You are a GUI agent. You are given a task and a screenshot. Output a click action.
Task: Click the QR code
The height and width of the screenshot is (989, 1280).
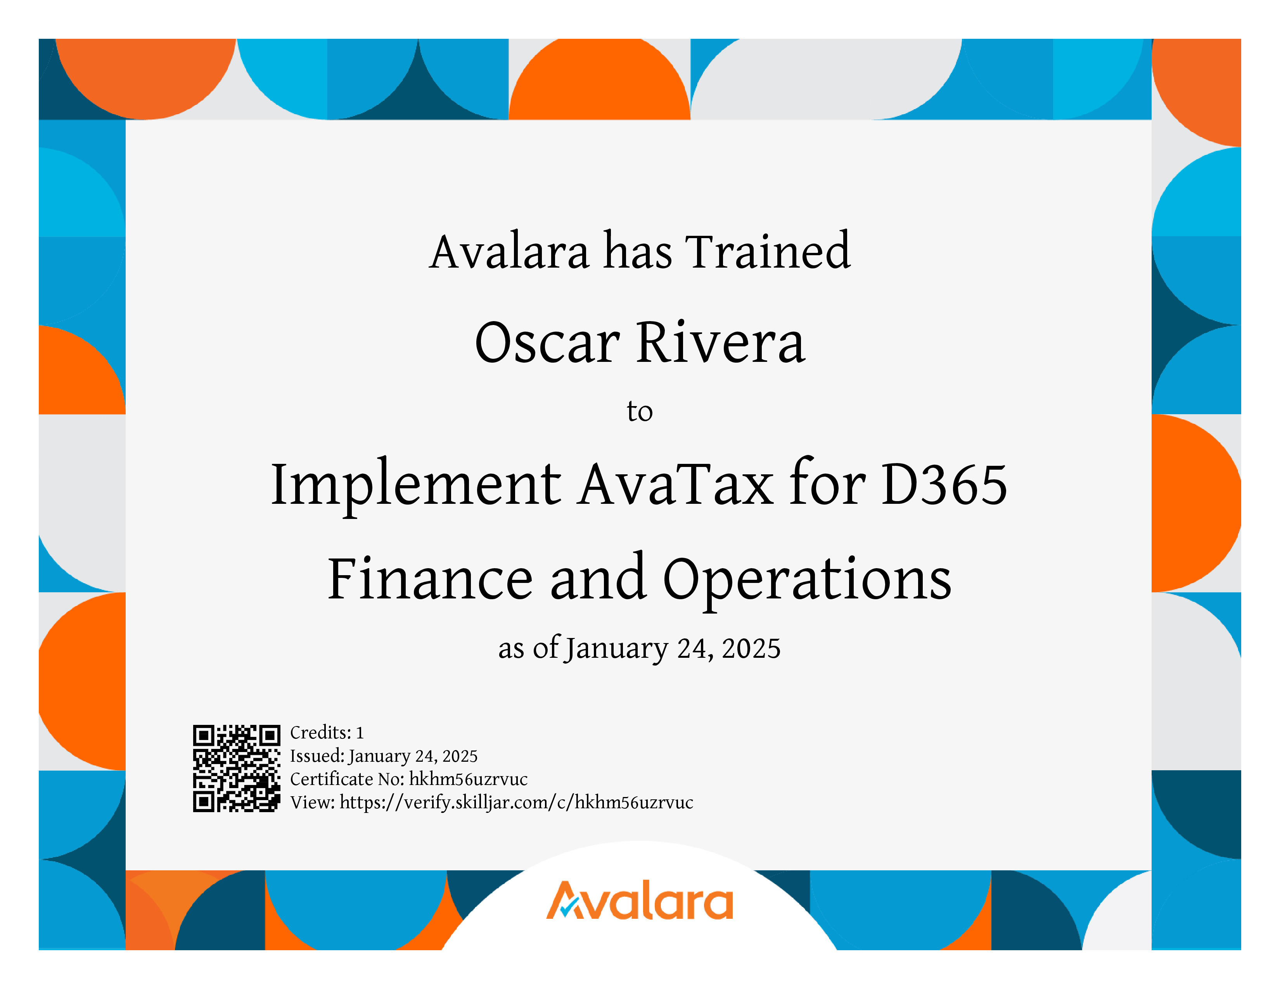point(237,768)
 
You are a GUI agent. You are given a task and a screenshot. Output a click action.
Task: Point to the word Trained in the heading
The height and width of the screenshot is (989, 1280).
point(768,251)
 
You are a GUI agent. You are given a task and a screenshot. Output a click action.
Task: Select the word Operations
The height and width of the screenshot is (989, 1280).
point(807,580)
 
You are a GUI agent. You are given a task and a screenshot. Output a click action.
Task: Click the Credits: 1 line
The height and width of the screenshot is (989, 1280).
point(327,732)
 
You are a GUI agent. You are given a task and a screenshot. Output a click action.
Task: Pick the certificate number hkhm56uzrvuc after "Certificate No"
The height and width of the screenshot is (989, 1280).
point(468,779)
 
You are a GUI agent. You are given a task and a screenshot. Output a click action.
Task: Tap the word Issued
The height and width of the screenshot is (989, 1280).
point(317,756)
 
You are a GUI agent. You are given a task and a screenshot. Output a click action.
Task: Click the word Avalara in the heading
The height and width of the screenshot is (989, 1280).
point(509,251)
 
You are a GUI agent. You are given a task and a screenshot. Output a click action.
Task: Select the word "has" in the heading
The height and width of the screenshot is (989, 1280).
point(638,251)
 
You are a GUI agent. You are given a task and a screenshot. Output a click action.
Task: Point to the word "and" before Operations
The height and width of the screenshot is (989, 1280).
point(598,579)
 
